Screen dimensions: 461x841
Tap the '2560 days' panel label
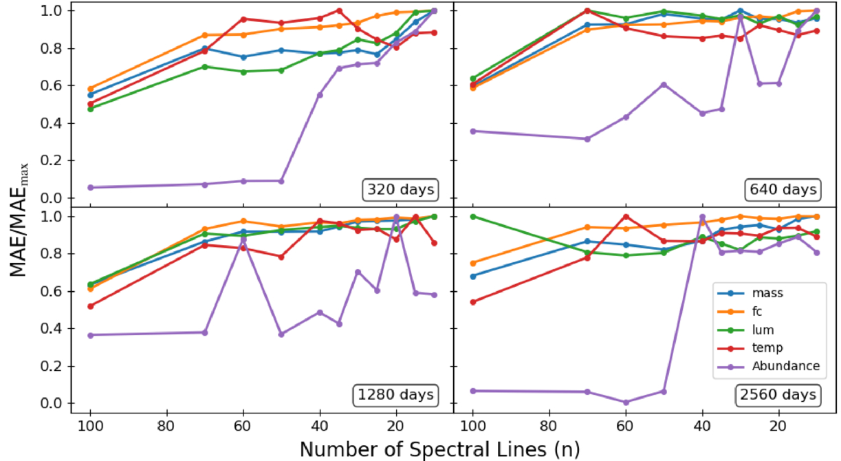(787, 394)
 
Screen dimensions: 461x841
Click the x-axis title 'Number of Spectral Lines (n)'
(439, 449)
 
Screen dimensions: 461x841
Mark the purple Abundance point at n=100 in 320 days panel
(91, 187)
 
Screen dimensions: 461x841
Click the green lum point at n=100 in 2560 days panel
(472, 216)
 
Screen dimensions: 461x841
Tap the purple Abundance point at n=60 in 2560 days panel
(625, 403)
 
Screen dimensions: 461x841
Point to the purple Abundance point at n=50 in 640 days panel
(664, 85)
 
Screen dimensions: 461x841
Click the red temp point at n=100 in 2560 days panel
(472, 302)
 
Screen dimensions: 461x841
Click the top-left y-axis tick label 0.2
(58, 161)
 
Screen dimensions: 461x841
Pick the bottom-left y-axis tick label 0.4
(58, 329)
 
